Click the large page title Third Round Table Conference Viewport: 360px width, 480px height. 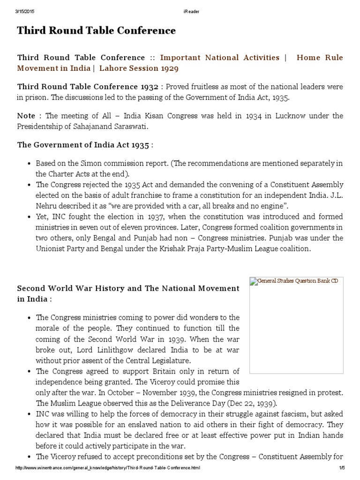(x=97, y=31)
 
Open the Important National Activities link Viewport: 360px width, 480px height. (x=220, y=58)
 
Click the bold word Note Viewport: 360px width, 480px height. (x=26, y=116)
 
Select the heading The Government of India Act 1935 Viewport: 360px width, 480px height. (x=85, y=145)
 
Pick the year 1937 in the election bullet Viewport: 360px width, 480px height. (x=155, y=217)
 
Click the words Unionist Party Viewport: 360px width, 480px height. (x=60, y=249)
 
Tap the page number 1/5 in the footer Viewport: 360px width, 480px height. (x=341, y=468)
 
